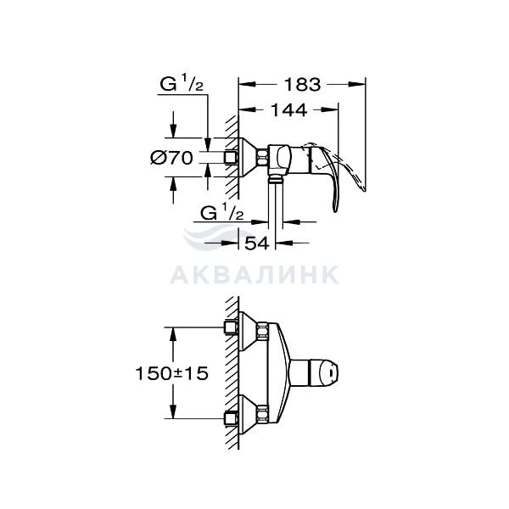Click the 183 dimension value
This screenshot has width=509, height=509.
(x=302, y=85)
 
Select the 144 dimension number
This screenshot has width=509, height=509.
(x=288, y=110)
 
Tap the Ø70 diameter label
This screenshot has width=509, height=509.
(x=171, y=158)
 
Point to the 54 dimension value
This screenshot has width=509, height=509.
(x=257, y=243)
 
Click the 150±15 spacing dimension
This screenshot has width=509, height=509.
(x=171, y=373)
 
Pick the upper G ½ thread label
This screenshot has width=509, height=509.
(x=182, y=84)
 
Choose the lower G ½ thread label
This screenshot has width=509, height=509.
(x=221, y=213)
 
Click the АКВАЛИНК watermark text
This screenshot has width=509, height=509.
(x=255, y=275)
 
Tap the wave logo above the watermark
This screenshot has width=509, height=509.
(x=215, y=237)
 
